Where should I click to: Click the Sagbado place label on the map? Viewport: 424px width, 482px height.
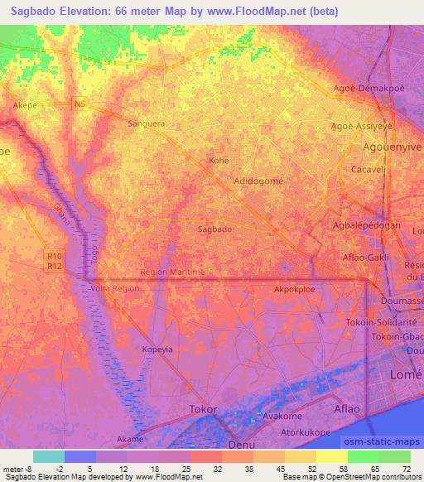click(x=214, y=229)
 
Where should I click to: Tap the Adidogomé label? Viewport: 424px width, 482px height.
click(x=259, y=180)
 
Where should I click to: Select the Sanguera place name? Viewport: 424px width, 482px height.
click(x=147, y=123)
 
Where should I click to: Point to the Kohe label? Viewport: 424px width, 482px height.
click(x=219, y=161)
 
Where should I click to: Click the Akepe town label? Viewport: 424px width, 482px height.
click(x=26, y=106)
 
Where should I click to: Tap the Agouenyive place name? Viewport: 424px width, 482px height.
click(x=393, y=146)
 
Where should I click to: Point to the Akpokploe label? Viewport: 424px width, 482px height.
click(x=296, y=290)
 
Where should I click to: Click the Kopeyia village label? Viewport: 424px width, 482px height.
click(x=157, y=349)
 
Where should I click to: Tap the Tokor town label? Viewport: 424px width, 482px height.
click(x=204, y=409)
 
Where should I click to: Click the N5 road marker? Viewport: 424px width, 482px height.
click(x=79, y=104)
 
